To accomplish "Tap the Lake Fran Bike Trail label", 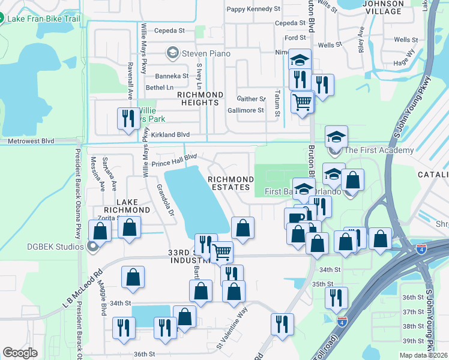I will tap(44, 19).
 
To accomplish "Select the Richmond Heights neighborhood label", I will tap(200, 98).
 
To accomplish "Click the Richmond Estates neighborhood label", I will tap(231, 184).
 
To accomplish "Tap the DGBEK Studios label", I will tap(50, 246).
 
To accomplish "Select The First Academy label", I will tap(378, 150).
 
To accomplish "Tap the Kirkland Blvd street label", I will tap(170, 135).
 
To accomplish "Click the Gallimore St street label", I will tap(246, 110).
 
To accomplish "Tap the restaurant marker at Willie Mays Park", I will tap(127, 118).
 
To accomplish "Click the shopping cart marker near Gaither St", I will tap(303, 101).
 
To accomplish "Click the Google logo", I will tap(20, 353).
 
